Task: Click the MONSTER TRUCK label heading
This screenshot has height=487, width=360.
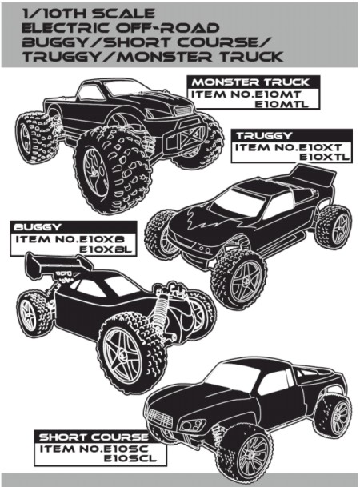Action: click(250, 82)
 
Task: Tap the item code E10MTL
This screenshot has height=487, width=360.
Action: click(282, 104)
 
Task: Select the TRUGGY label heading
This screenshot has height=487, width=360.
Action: click(264, 136)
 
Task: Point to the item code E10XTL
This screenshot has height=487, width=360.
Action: click(324, 157)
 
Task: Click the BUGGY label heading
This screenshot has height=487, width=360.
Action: click(38, 227)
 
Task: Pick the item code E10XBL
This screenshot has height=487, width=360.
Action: click(106, 249)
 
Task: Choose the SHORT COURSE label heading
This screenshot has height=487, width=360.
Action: click(94, 437)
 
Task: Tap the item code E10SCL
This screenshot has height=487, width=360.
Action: click(130, 458)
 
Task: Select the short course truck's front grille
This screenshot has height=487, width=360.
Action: click(160, 417)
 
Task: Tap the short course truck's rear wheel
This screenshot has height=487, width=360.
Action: click(334, 416)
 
